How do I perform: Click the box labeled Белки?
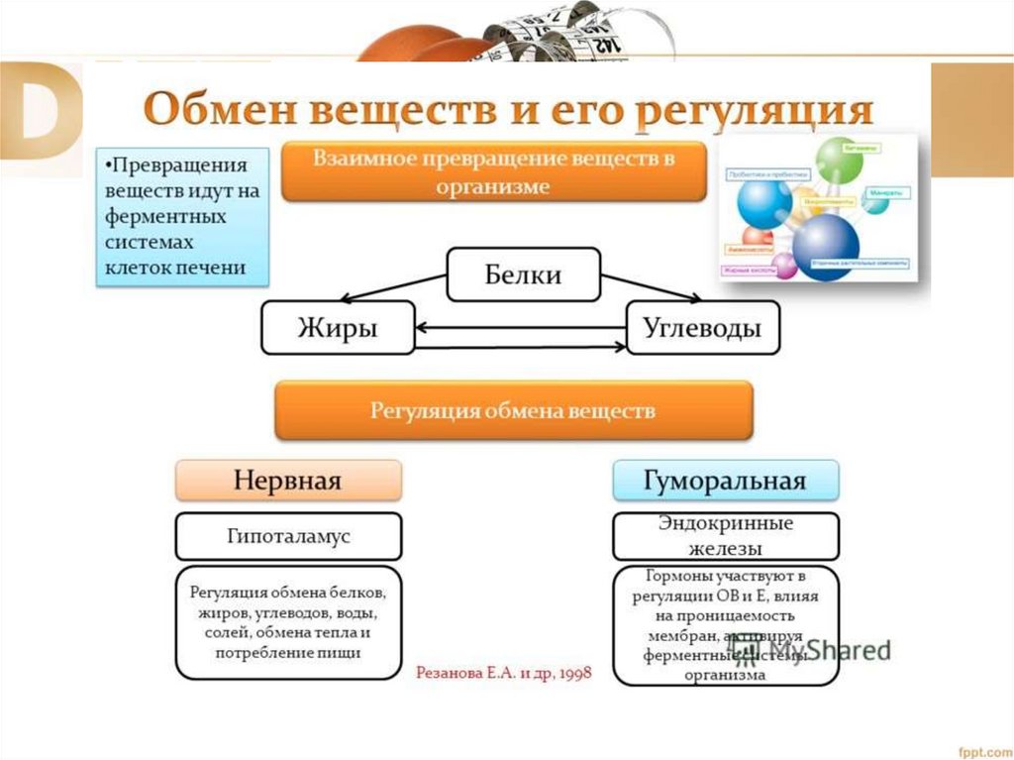pos(523,274)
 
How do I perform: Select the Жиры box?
pos(337,328)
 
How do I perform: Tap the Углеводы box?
pos(702,328)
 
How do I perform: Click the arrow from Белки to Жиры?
pos(392,287)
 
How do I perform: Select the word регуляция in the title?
pos(753,110)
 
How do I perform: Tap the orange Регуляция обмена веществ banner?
pos(513,410)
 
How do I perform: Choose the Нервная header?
pos(288,481)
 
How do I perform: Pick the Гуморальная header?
pos(726,481)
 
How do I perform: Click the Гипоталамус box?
pos(288,536)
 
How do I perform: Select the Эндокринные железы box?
pos(726,536)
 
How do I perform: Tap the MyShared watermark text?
pos(842,651)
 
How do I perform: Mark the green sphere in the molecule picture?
pos(841,160)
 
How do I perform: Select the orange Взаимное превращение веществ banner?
pos(494,171)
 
